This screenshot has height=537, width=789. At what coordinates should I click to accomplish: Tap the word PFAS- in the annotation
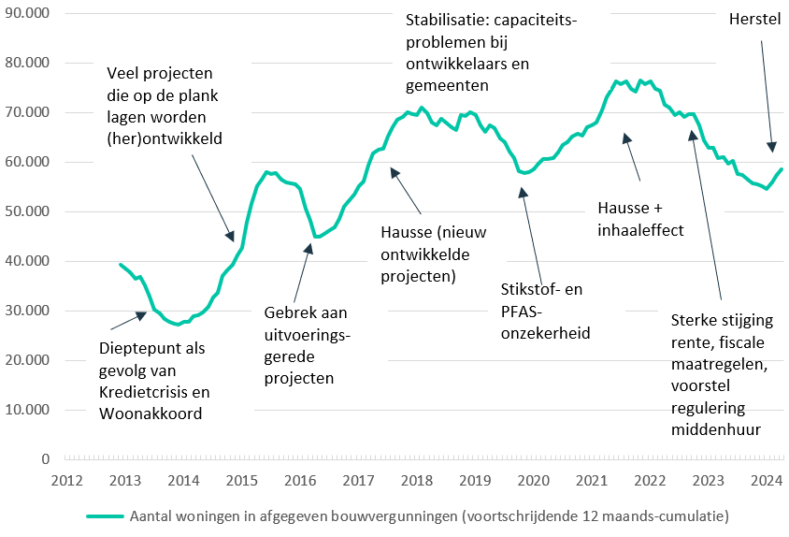pyautogui.click(x=523, y=311)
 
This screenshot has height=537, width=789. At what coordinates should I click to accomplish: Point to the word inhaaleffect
pyautogui.click(x=640, y=228)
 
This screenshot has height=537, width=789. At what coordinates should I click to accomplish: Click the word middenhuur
pyautogui.click(x=714, y=429)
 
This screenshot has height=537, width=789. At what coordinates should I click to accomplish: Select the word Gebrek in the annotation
pyautogui.click(x=283, y=312)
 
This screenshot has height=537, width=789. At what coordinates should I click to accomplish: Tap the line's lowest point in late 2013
pyautogui.click(x=178, y=325)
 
